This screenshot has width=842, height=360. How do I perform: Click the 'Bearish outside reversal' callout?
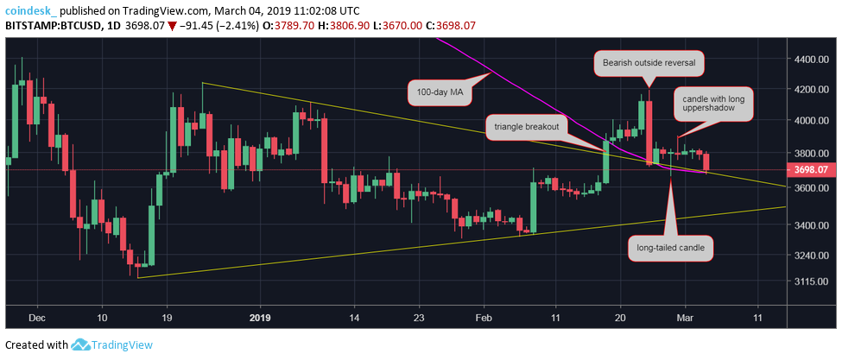tap(649, 63)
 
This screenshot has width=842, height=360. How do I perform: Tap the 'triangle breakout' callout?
tap(526, 126)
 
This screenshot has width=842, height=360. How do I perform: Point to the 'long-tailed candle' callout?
tap(669, 247)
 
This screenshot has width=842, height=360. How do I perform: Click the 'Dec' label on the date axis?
tap(37, 318)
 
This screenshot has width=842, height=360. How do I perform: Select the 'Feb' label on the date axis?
tap(483, 318)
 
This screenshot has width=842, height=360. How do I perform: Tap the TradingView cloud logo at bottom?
tap(82, 345)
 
